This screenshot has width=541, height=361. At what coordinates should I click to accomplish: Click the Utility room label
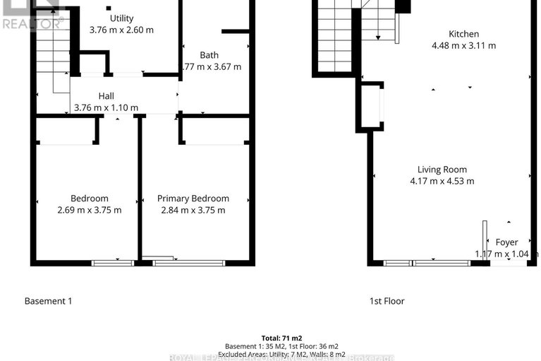(121, 18)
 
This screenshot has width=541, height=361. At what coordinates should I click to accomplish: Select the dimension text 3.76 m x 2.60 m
(121, 30)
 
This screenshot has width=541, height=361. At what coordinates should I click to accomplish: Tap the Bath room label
(209, 55)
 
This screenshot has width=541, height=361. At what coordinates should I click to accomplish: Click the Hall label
(106, 96)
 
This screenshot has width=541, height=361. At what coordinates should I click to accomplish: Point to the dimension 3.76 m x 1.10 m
(106, 108)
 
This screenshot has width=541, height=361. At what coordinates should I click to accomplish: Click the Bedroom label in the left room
(89, 199)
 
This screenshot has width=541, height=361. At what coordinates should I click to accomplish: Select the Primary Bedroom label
(193, 199)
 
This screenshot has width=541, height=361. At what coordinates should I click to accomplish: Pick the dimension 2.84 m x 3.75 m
(193, 210)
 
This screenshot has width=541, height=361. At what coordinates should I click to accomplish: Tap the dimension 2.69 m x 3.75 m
(89, 210)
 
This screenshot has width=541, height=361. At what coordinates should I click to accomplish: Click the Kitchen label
(463, 34)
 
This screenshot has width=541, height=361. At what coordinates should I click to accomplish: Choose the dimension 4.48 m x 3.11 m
(463, 46)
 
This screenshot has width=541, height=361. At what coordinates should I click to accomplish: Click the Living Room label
(442, 170)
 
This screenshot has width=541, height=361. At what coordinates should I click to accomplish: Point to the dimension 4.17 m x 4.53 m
(442, 181)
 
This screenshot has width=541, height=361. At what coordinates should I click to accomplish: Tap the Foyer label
(506, 242)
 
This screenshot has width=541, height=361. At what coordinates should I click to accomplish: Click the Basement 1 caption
(49, 301)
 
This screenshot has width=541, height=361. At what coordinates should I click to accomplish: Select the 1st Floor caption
(387, 301)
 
